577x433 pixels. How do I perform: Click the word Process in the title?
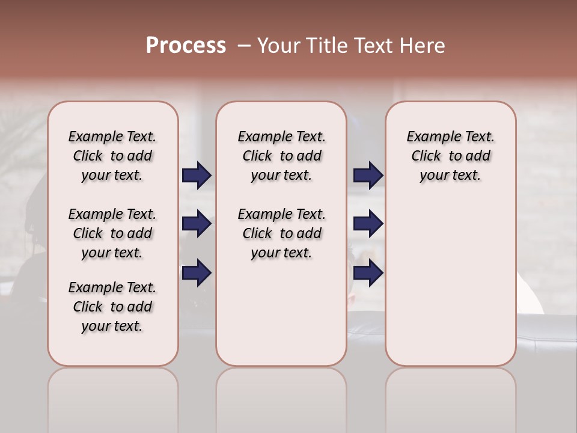pyautogui.click(x=186, y=46)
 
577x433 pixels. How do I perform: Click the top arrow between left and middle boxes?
pyautogui.click(x=197, y=176)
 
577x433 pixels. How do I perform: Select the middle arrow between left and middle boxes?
pyautogui.click(x=197, y=224)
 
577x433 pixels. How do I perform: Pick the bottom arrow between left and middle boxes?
pyautogui.click(x=197, y=273)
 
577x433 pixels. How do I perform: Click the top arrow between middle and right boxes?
pyautogui.click(x=368, y=176)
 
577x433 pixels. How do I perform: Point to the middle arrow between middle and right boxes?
pyautogui.click(x=368, y=224)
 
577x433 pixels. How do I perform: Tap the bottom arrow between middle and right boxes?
pyautogui.click(x=368, y=273)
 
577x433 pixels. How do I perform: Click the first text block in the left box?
pyautogui.click(x=112, y=156)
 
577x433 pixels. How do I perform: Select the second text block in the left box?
pyautogui.click(x=112, y=233)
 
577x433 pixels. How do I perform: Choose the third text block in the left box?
pyautogui.click(x=112, y=307)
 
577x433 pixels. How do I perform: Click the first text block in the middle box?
pyautogui.click(x=281, y=156)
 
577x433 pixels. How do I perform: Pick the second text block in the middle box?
pyautogui.click(x=281, y=233)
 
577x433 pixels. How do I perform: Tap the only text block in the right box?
pyautogui.click(x=450, y=156)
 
